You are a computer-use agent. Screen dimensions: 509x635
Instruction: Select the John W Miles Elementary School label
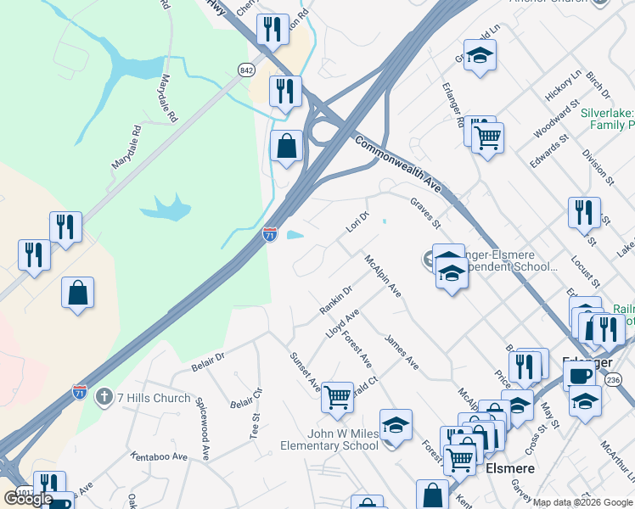(x=330, y=439)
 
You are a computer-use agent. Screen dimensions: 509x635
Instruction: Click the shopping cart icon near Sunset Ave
(x=337, y=396)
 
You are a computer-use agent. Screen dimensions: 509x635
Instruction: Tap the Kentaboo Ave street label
(x=159, y=456)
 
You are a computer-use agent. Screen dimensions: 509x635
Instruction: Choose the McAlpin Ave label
(x=382, y=277)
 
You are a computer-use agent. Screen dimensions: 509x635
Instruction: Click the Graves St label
(x=425, y=213)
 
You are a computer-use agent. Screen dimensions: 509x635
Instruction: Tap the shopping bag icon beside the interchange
(x=287, y=146)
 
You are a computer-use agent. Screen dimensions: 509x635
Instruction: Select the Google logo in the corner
(x=29, y=498)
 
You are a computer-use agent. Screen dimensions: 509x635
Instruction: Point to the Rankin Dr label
(x=335, y=298)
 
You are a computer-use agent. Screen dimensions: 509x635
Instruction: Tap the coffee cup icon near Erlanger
(x=579, y=375)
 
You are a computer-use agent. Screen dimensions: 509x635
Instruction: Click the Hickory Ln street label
(x=563, y=86)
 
